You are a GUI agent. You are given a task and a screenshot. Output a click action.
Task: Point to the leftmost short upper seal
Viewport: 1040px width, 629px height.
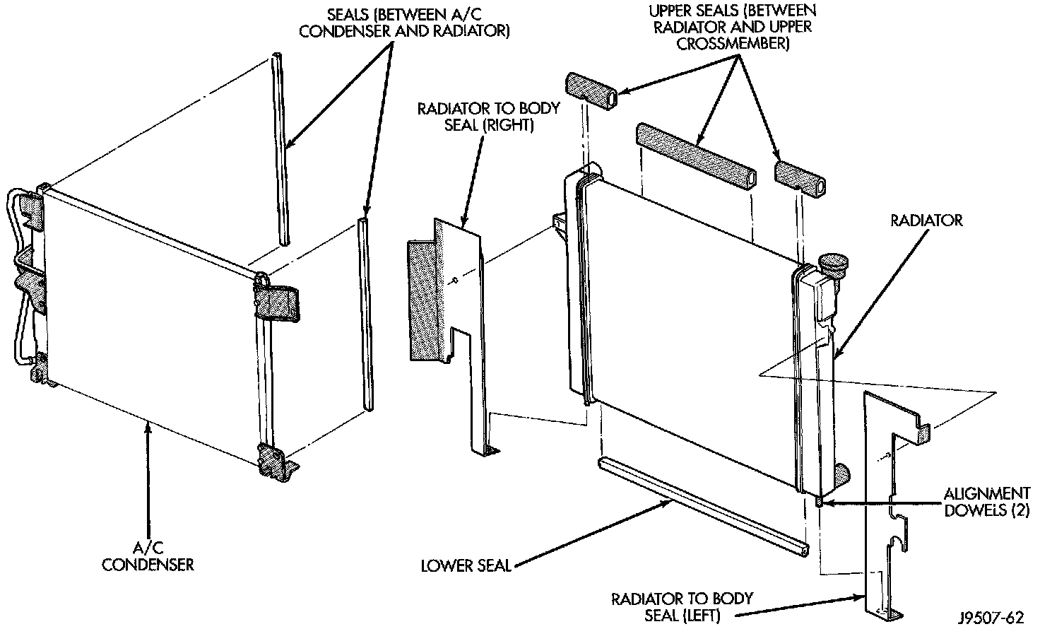pyautogui.click(x=590, y=92)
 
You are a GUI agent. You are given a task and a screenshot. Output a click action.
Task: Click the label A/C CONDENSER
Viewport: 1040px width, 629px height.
pyautogui.click(x=148, y=556)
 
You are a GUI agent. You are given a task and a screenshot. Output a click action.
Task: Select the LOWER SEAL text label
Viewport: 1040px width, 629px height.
pyautogui.click(x=466, y=565)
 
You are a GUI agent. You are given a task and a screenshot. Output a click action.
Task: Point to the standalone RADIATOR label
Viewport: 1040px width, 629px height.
pyautogui.click(x=926, y=221)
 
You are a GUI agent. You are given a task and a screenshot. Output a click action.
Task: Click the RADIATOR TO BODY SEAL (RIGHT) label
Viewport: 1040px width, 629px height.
pyautogui.click(x=488, y=117)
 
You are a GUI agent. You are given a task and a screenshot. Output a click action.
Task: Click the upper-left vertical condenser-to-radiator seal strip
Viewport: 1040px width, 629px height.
pyautogui.click(x=279, y=148)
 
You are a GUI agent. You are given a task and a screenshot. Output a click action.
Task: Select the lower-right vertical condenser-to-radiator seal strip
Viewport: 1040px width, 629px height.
pyautogui.click(x=365, y=314)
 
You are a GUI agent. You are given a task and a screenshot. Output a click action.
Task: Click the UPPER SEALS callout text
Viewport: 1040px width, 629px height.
pyautogui.click(x=733, y=28)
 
